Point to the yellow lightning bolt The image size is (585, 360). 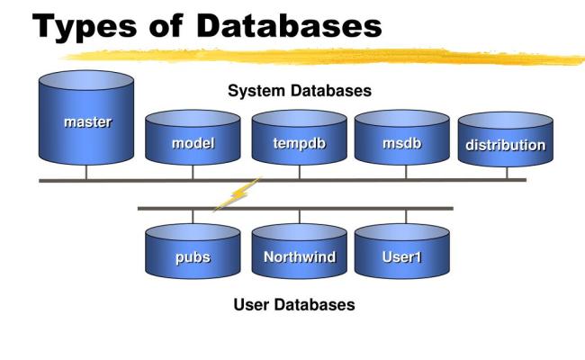[x=236, y=195]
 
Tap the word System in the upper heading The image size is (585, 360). [x=256, y=91]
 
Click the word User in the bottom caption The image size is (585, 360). [x=250, y=305]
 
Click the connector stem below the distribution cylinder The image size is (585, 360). [x=506, y=172]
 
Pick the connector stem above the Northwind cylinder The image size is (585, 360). [x=299, y=216]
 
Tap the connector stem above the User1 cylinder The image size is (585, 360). [x=405, y=216]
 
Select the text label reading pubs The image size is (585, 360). [x=193, y=257]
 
